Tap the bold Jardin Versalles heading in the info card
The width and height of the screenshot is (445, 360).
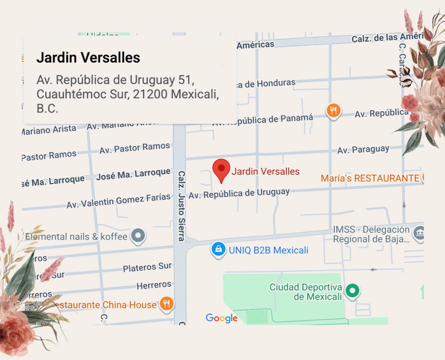click(x=88, y=58)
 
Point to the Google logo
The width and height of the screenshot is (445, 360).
click(x=221, y=318)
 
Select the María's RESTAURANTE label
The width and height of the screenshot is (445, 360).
click(x=370, y=178)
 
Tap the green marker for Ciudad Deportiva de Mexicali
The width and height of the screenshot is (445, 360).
click(x=353, y=290)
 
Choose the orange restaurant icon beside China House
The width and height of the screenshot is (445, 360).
click(x=167, y=304)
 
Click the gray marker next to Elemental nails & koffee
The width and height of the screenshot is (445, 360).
click(x=139, y=235)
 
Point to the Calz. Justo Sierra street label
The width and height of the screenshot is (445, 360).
click(x=181, y=206)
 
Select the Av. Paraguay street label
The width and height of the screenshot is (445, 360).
click(x=363, y=150)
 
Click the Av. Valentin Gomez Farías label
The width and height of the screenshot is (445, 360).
click(x=119, y=200)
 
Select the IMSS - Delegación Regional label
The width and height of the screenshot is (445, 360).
click(x=371, y=234)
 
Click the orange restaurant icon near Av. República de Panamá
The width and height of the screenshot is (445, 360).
click(x=334, y=110)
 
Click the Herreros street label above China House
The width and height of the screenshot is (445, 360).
click(x=154, y=285)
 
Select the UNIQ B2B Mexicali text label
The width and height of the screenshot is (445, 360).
click(x=268, y=250)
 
